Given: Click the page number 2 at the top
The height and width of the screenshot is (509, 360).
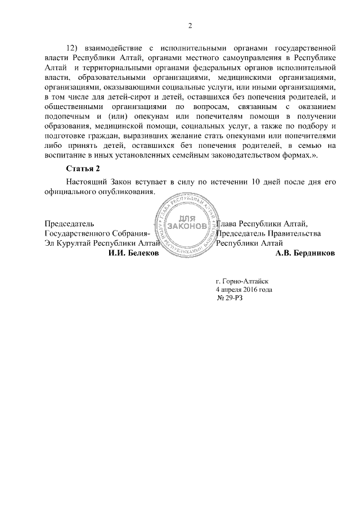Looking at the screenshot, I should (x=190, y=25).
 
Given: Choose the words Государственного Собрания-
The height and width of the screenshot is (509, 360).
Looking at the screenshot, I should (x=97, y=233).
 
